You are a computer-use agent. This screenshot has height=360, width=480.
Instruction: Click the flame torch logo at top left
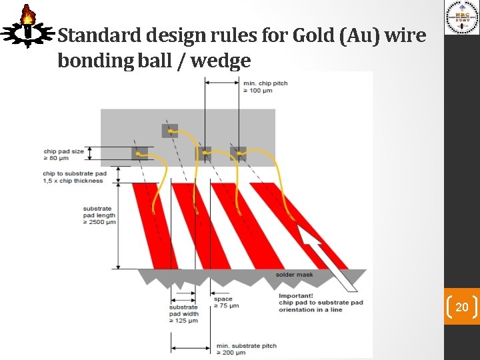point(27,27)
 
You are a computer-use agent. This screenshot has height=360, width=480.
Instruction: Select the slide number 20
point(461,307)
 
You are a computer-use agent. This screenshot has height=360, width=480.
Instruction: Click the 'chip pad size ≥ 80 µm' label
point(64,155)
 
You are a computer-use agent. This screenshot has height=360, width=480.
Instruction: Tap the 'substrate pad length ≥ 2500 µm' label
point(99,215)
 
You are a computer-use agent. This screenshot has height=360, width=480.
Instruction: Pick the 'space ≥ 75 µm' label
point(226,303)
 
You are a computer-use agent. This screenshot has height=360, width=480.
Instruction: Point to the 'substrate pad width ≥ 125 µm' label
point(183,314)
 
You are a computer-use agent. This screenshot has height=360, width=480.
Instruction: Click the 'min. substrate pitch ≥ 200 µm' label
point(246,349)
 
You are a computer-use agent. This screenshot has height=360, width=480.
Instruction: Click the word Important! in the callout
point(295,295)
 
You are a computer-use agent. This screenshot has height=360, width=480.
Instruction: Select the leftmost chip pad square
point(139,153)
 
